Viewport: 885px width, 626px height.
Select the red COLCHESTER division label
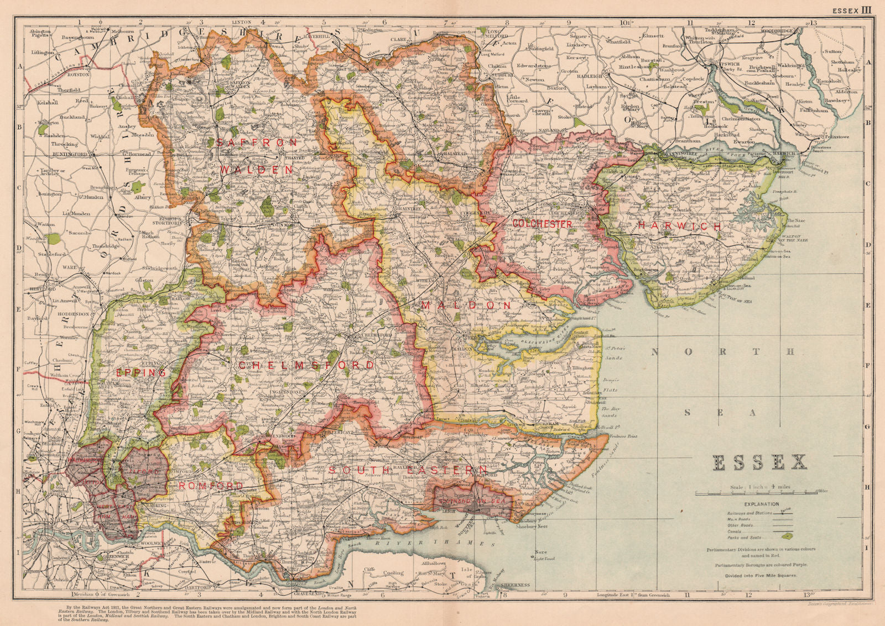pos(542,224)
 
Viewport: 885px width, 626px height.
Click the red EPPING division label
pos(141,373)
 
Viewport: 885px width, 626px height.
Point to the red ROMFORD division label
pos(211,486)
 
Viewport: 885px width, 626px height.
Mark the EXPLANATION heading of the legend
pos(762,504)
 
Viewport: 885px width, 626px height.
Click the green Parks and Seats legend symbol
pos(785,535)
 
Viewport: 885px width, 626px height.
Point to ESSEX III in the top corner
pos(852,9)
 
